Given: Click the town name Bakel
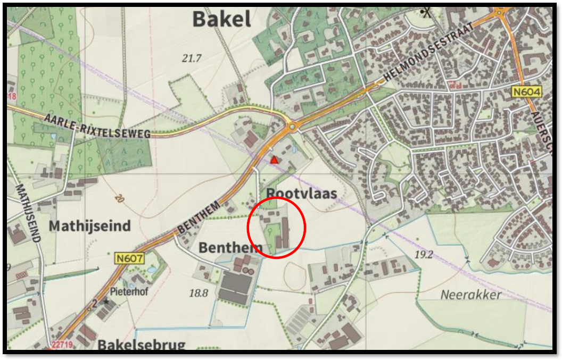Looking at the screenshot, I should [x=221, y=19].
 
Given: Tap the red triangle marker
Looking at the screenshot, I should [x=274, y=160].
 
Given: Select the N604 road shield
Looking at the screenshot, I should [x=526, y=92].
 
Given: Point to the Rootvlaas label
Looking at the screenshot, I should [x=302, y=193].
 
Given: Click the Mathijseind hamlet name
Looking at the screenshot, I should [x=89, y=226].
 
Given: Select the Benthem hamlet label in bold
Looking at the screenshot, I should [x=230, y=247].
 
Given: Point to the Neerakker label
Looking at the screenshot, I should [x=470, y=295].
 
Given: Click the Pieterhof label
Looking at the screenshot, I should [x=128, y=291].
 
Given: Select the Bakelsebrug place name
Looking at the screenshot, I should [x=141, y=345].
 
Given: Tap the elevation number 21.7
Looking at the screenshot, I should [x=192, y=58].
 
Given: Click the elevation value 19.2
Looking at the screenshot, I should [x=424, y=254].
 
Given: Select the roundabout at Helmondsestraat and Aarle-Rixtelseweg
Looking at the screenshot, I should [x=292, y=127].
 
